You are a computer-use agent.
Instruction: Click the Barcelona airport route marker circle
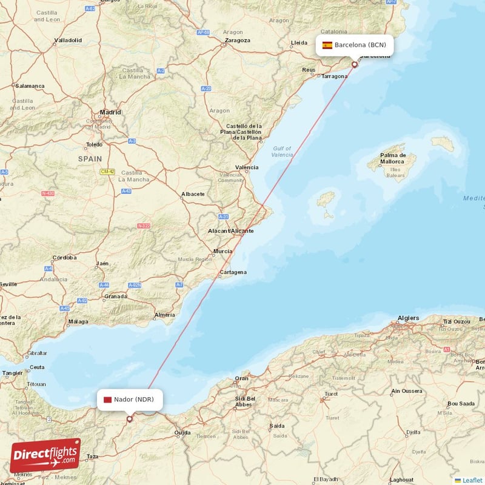[355, 64]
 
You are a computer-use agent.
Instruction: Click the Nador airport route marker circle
[129, 418]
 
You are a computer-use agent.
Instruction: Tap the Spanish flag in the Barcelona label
[327, 45]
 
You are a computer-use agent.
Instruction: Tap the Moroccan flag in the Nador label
[107, 400]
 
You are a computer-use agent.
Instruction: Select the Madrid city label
[110, 112]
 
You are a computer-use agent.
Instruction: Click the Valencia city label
[247, 167]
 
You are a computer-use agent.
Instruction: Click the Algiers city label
[408, 318]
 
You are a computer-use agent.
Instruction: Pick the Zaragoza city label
[237, 41]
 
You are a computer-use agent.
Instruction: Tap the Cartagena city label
[233, 272]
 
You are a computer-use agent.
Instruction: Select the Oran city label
[242, 378]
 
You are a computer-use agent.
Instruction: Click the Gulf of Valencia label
[282, 152]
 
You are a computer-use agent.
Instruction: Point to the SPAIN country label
[90, 158]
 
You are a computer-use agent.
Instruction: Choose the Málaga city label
[78, 321]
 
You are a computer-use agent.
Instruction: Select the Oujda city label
[182, 433]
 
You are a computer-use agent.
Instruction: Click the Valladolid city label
[68, 41]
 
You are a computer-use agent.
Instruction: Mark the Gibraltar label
[36, 353]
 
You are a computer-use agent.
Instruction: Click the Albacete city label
[193, 195]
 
